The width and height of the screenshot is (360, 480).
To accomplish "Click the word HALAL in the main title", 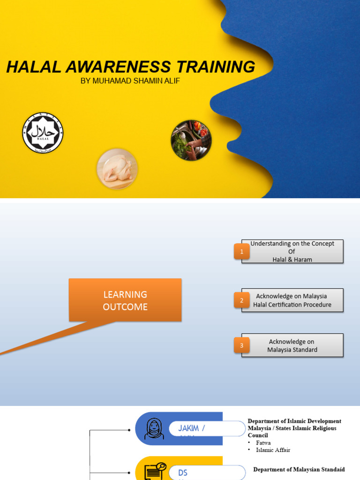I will tap(34, 67).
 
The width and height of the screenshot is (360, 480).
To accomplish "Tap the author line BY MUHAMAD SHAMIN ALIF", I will tap(130, 81).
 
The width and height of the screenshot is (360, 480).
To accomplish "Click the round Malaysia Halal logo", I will tap(43, 133).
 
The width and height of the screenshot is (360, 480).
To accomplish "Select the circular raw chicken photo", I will tap(117, 168).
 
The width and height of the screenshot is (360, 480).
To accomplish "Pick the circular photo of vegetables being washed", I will tap(191, 140).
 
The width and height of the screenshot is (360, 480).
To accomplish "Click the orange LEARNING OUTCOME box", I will tap(125, 300).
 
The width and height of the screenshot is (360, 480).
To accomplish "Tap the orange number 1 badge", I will tap(242, 252).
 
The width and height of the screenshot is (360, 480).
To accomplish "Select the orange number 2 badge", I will tap(242, 300).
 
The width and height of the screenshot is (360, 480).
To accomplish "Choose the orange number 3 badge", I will tap(242, 346).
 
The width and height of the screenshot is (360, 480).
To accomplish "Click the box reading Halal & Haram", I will tap(292, 252).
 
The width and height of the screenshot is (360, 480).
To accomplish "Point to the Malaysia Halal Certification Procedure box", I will tap(292, 300).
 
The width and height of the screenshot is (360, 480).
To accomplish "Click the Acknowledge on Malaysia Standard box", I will tap(292, 346).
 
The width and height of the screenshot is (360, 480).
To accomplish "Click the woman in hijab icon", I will tap(154, 429).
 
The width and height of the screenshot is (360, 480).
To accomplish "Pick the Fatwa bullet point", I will tap(263, 442).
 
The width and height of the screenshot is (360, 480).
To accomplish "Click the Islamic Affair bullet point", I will tap(273, 450).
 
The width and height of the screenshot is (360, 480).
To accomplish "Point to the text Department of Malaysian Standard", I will tap(299, 469).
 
